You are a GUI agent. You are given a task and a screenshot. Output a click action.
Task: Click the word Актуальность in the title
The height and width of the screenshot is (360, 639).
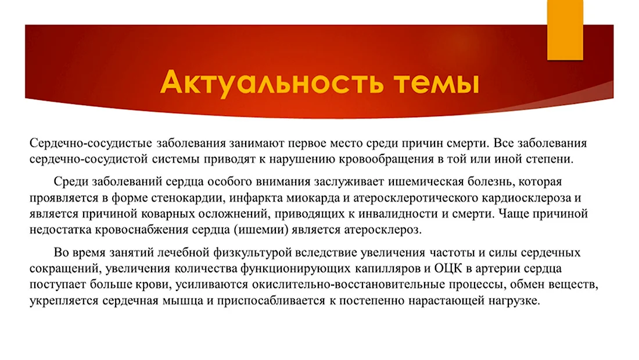(272, 83)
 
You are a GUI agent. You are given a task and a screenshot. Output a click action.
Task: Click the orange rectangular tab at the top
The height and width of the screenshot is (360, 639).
(565, 30)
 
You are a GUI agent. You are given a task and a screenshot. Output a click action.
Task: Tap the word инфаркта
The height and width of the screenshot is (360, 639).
(255, 199)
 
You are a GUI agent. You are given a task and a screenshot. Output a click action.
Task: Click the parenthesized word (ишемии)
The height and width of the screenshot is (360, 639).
(261, 230)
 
